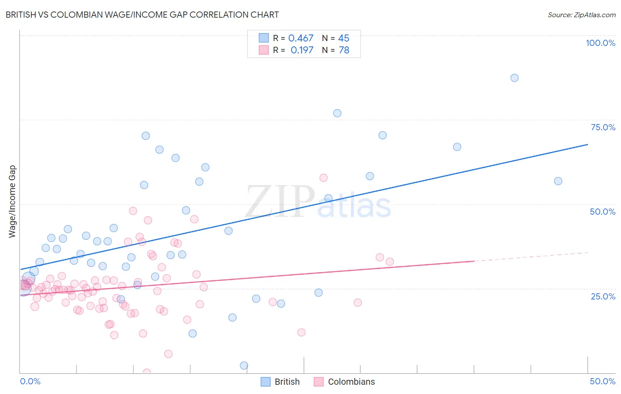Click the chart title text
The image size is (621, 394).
(x=142, y=15)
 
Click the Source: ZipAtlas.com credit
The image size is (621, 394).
(x=581, y=15)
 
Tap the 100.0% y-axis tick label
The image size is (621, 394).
(x=600, y=43)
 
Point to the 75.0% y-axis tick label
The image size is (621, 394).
(x=603, y=127)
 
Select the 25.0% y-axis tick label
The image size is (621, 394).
(x=603, y=296)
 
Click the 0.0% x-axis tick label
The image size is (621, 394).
(x=30, y=381)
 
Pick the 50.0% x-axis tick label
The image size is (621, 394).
(x=602, y=381)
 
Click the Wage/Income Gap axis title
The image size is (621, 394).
(x=12, y=201)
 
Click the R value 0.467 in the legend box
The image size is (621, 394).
(x=301, y=38)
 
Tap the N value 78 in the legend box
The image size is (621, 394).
(x=344, y=50)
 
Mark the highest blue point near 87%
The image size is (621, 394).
(x=515, y=78)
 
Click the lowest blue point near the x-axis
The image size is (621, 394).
(x=244, y=365)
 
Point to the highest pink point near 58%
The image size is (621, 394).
(x=323, y=178)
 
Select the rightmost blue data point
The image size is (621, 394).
(x=558, y=181)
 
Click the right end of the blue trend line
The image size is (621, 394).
(x=587, y=144)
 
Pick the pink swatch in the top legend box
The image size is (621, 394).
(x=264, y=50)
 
